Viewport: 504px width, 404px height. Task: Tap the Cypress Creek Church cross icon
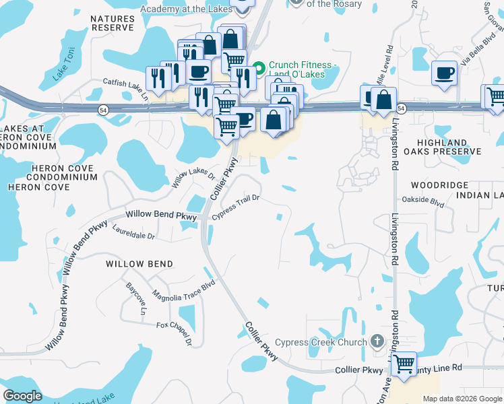(377, 342)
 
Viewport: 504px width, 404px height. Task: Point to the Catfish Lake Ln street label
(125, 90)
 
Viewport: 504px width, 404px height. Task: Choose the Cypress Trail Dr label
(236, 207)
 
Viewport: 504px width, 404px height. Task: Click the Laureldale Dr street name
(135, 232)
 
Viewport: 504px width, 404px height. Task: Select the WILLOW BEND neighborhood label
(139, 264)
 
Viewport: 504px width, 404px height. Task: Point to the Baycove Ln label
(135, 298)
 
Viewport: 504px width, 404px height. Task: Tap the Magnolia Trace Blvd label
(183, 290)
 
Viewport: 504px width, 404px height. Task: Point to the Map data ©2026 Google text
(462, 399)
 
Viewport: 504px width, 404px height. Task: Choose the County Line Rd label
(439, 368)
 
